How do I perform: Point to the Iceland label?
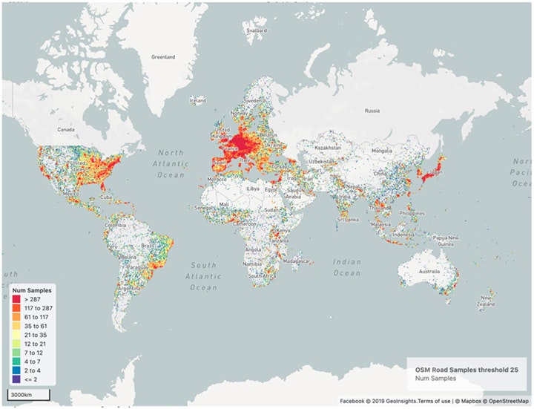198,101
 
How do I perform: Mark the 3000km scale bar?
29,393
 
